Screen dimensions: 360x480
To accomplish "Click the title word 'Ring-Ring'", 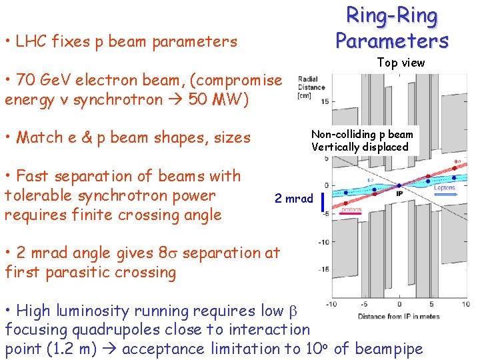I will click(x=391, y=16).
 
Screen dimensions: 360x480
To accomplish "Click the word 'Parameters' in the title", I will click(x=391, y=41).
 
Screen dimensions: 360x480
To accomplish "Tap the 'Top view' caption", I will click(x=401, y=63).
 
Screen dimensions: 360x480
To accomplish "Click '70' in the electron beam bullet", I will click(x=27, y=81).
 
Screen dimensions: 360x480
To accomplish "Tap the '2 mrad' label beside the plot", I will click(x=293, y=199).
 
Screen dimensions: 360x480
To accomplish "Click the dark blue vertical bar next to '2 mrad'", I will click(x=323, y=201).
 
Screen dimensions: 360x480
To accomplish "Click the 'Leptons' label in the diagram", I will click(x=444, y=188).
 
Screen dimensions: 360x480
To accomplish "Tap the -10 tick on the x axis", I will click(x=330, y=305).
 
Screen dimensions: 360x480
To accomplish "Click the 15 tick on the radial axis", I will click(x=324, y=101).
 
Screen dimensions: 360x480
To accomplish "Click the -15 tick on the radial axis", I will click(x=323, y=269).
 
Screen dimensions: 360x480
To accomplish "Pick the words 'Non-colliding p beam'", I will click(x=362, y=135).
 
